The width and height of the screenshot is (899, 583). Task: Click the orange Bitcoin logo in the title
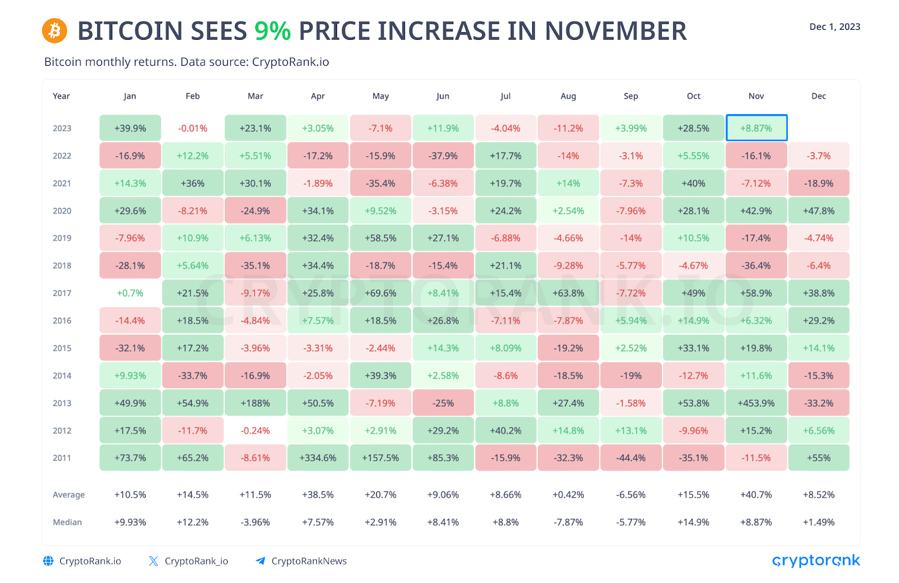(x=55, y=30)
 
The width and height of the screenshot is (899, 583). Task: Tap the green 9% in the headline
(x=273, y=31)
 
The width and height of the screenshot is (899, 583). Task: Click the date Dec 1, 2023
(x=834, y=26)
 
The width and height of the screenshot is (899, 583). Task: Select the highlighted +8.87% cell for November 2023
(x=756, y=128)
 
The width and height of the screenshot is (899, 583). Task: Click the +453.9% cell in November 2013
(x=756, y=403)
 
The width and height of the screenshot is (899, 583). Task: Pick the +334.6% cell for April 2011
(x=318, y=458)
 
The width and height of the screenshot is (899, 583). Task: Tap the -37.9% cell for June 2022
(x=443, y=156)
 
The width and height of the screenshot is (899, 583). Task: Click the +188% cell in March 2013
(x=255, y=403)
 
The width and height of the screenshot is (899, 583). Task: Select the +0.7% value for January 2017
(x=130, y=293)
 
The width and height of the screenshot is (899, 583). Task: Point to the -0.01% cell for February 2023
(x=193, y=128)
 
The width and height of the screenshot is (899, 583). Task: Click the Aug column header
(x=568, y=96)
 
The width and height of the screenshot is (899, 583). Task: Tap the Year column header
(x=61, y=96)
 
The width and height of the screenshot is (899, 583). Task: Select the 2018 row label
(x=62, y=266)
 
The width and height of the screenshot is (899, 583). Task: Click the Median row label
(x=67, y=522)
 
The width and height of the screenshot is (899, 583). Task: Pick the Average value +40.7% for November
(x=756, y=495)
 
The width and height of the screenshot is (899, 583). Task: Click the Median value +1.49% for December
(x=819, y=522)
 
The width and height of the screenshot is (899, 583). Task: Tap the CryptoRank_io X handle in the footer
(x=196, y=561)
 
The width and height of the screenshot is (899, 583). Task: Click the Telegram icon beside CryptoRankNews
(x=260, y=561)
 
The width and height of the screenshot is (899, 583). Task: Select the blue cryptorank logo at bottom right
(x=816, y=561)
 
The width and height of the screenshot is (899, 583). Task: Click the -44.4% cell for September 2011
(x=631, y=458)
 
